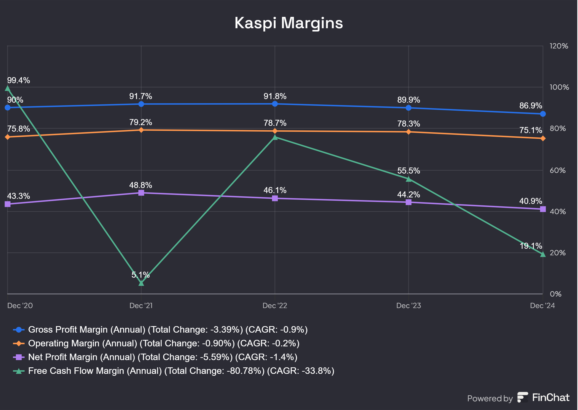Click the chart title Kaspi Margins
[x=289, y=23]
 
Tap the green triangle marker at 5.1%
[x=141, y=283]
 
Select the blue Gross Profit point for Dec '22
[x=275, y=104]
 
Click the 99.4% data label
[x=18, y=80]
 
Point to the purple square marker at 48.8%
[x=141, y=193]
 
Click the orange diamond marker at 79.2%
[x=141, y=130]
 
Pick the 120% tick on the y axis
[x=558, y=46]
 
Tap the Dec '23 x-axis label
[x=408, y=305]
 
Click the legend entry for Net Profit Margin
[x=162, y=357]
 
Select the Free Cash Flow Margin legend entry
[x=181, y=371]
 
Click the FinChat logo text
[x=551, y=398]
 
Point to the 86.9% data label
[x=530, y=106]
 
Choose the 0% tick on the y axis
[x=556, y=294]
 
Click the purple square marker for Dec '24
[x=543, y=209]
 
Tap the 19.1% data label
[x=531, y=246]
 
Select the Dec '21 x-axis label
[x=141, y=305]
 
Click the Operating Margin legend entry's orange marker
[x=19, y=343]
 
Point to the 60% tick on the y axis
[x=558, y=170]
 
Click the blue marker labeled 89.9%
[x=408, y=108]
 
